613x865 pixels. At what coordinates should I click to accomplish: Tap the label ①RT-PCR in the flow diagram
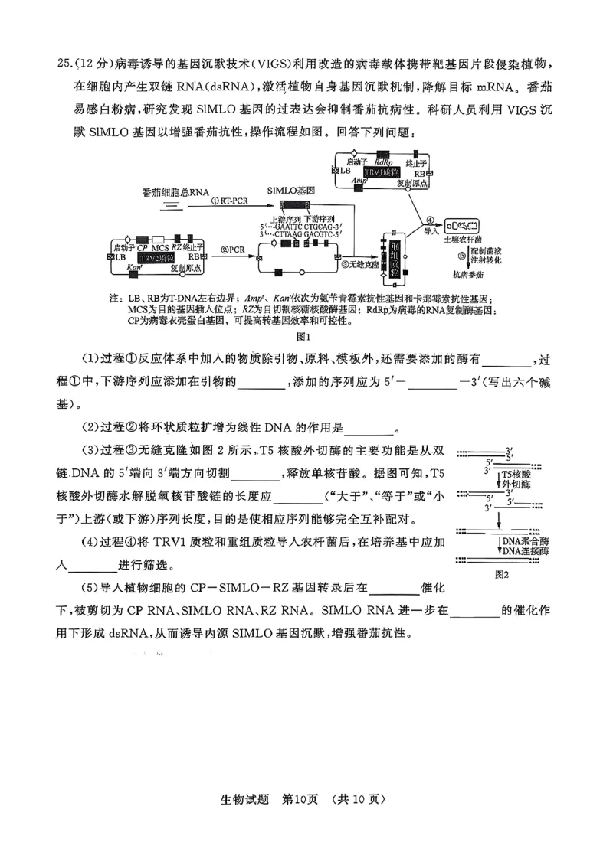click(x=232, y=201)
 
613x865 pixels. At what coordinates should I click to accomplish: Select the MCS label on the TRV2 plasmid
click(x=159, y=247)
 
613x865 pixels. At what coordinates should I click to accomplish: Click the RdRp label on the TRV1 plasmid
click(x=384, y=162)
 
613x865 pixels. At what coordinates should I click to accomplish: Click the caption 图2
click(x=502, y=574)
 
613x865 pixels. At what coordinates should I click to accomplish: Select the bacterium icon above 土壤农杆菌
click(x=461, y=226)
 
